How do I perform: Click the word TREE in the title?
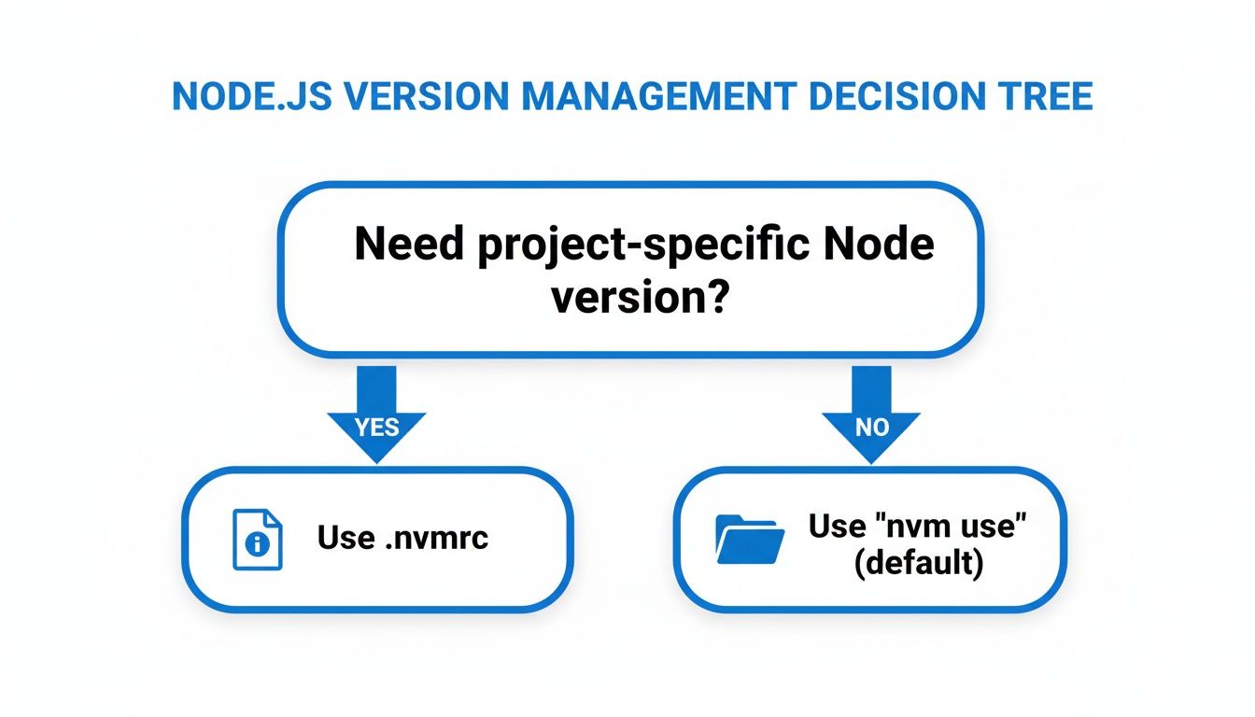pos(1046,97)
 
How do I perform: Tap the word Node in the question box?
pos(888,245)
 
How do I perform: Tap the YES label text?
pos(376,428)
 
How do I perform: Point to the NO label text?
pos(870,428)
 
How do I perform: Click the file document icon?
pos(256,539)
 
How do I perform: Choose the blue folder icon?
pos(750,539)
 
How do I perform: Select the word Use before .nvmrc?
pos(345,538)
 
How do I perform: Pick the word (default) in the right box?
pos(919,565)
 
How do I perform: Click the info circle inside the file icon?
pos(256,546)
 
